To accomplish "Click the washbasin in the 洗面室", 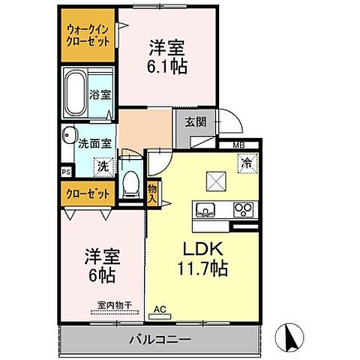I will pyautogui.click(x=68, y=136).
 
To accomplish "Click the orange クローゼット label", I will pyautogui.click(x=87, y=193).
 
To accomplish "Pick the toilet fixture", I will pyautogui.click(x=132, y=184).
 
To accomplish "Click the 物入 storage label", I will pyautogui.click(x=152, y=193).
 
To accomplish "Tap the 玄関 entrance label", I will pyautogui.click(x=185, y=123).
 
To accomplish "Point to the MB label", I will pyautogui.click(x=237, y=145).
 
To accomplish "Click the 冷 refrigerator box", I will pyautogui.click(x=245, y=161).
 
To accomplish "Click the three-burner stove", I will pyautogui.click(x=244, y=210).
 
